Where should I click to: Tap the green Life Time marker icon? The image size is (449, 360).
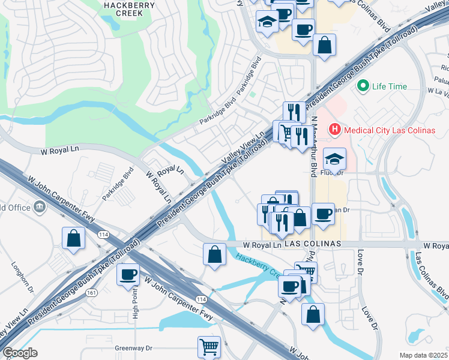(x=363, y=86)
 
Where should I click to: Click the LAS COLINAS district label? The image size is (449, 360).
(x=312, y=245)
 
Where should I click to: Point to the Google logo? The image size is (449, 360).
(x=20, y=353)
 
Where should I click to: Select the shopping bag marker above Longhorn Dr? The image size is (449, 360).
(x=73, y=238)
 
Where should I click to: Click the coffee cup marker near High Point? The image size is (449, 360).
(x=128, y=275)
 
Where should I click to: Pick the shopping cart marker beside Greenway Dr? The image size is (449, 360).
(x=209, y=346)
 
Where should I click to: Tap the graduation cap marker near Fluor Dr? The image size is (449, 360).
(x=334, y=158)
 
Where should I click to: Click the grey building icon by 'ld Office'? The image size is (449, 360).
(x=40, y=207)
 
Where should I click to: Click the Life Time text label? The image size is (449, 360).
(x=389, y=86)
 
